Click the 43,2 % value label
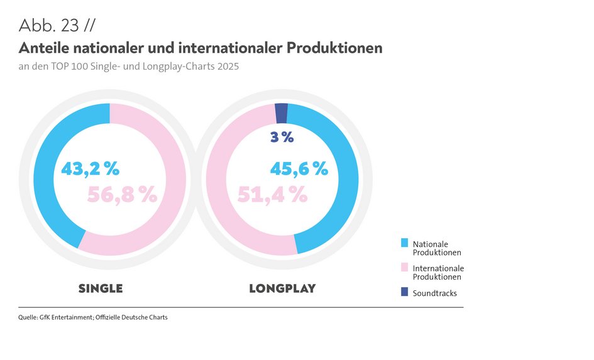coord(90,169)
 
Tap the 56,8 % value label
coord(121,195)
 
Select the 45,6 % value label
coord(299,169)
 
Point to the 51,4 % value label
coord(272,195)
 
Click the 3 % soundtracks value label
coord(282,137)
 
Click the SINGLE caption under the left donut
coord(101,289)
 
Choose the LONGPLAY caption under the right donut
coord(282,289)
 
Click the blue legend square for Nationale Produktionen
coord(404,243)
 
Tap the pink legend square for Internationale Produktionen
coord(404,267)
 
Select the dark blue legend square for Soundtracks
coord(404,292)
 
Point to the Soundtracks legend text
coord(434,293)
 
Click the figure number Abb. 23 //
coord(57,25)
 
